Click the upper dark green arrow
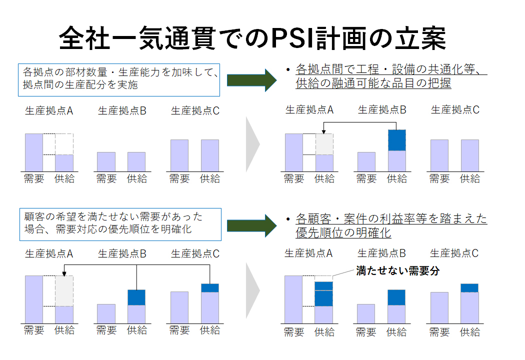(x=252, y=80)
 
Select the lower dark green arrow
(x=252, y=225)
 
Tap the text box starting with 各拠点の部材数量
(x=119, y=80)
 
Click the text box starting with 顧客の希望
(x=120, y=224)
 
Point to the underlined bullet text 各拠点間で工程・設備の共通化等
(x=391, y=69)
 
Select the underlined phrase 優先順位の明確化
(x=343, y=232)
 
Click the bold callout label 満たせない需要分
(x=398, y=270)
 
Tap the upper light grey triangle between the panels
(x=253, y=144)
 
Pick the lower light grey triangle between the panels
(x=253, y=290)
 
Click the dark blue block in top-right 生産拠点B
(x=397, y=140)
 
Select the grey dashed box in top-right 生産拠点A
(x=324, y=144)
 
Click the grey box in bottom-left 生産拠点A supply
(x=64, y=291)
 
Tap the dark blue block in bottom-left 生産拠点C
(x=210, y=288)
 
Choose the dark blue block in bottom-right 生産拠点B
(x=396, y=297)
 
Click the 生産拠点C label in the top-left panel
(x=195, y=111)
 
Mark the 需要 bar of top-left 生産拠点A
(x=34, y=152)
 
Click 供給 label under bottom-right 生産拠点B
(x=396, y=332)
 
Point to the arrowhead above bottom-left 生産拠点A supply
(x=64, y=274)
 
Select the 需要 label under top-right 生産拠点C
(x=439, y=179)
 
